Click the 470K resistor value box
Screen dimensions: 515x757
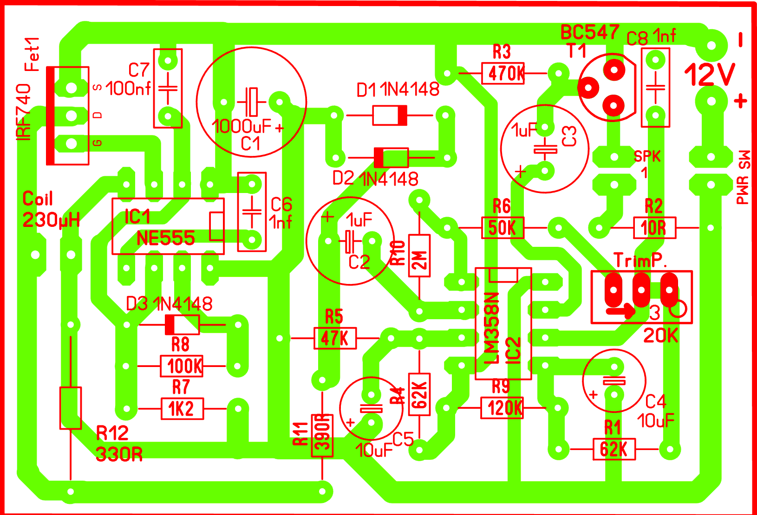pyautogui.click(x=503, y=73)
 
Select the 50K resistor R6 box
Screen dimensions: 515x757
pyautogui.click(x=502, y=228)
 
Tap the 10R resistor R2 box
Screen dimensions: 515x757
pyautogui.click(x=654, y=228)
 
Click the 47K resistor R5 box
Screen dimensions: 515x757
pyautogui.click(x=335, y=338)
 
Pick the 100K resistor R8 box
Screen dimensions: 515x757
pyautogui.click(x=182, y=366)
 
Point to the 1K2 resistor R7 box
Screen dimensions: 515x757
pyautogui.click(x=182, y=409)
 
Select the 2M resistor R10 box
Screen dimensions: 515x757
pyautogui.click(x=419, y=256)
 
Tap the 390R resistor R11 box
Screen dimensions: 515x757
pyautogui.click(x=322, y=436)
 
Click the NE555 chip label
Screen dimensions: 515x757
pyautogui.click(x=166, y=238)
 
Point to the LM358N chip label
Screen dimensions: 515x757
pyautogui.click(x=492, y=328)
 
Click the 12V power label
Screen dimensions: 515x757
pyautogui.click(x=710, y=74)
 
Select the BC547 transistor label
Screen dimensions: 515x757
pyautogui.click(x=590, y=32)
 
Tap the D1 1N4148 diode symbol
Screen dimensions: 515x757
pyautogui.click(x=390, y=115)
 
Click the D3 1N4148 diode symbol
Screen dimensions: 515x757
pyautogui.click(x=182, y=324)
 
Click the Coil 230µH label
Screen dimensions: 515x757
pyautogui.click(x=50, y=209)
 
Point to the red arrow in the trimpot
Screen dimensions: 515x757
pyautogui.click(x=621, y=310)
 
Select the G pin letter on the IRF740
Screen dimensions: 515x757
pyautogui.click(x=98, y=143)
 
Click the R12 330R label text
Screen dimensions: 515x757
pyautogui.click(x=118, y=444)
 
